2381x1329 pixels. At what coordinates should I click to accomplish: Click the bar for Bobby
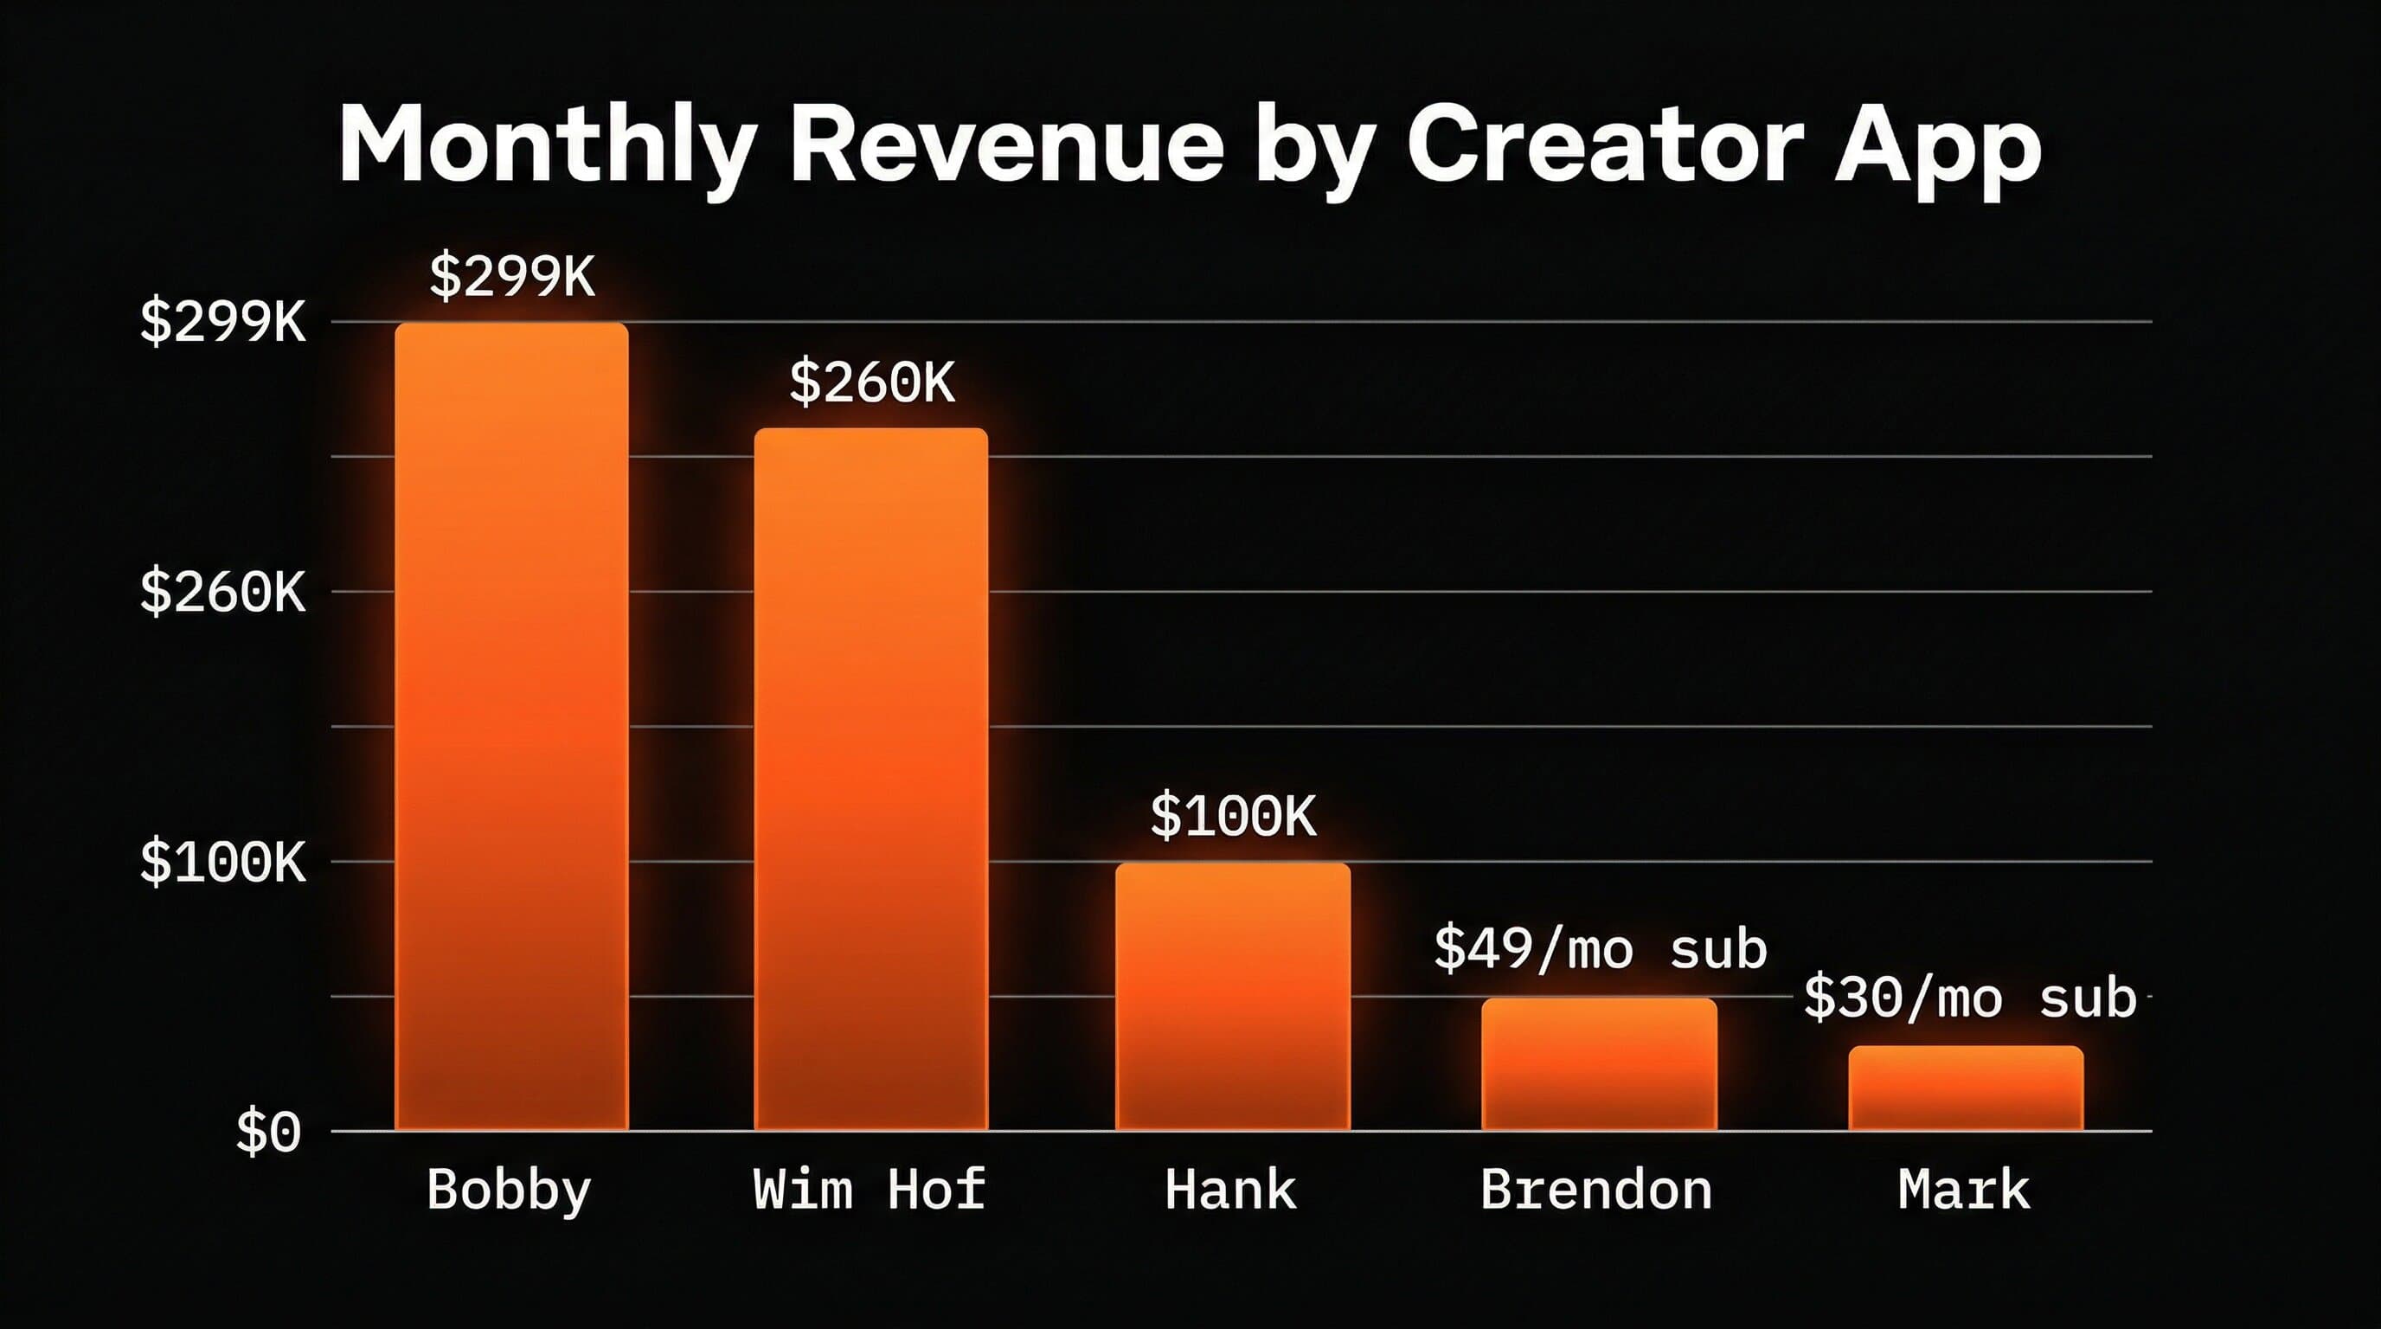(511, 725)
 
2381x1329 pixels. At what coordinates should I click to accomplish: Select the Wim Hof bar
(870, 778)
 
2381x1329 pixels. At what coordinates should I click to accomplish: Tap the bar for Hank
(1232, 995)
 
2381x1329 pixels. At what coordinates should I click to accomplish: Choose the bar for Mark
(1966, 1088)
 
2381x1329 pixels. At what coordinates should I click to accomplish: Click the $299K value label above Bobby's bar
(512, 275)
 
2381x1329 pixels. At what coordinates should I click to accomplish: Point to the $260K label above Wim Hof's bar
(871, 382)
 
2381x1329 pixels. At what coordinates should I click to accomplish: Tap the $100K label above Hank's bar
(1233, 816)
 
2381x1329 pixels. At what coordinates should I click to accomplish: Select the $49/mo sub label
(1600, 949)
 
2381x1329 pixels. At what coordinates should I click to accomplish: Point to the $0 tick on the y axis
(268, 1131)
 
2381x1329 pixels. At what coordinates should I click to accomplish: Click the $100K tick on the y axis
(221, 862)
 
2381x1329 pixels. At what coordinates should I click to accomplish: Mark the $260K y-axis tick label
(221, 592)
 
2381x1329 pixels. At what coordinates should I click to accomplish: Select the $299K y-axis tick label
(221, 322)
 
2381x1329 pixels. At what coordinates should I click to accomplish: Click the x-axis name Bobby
(509, 1191)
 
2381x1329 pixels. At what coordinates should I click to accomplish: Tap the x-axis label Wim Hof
(869, 1190)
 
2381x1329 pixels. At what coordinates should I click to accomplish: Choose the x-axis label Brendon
(1596, 1190)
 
